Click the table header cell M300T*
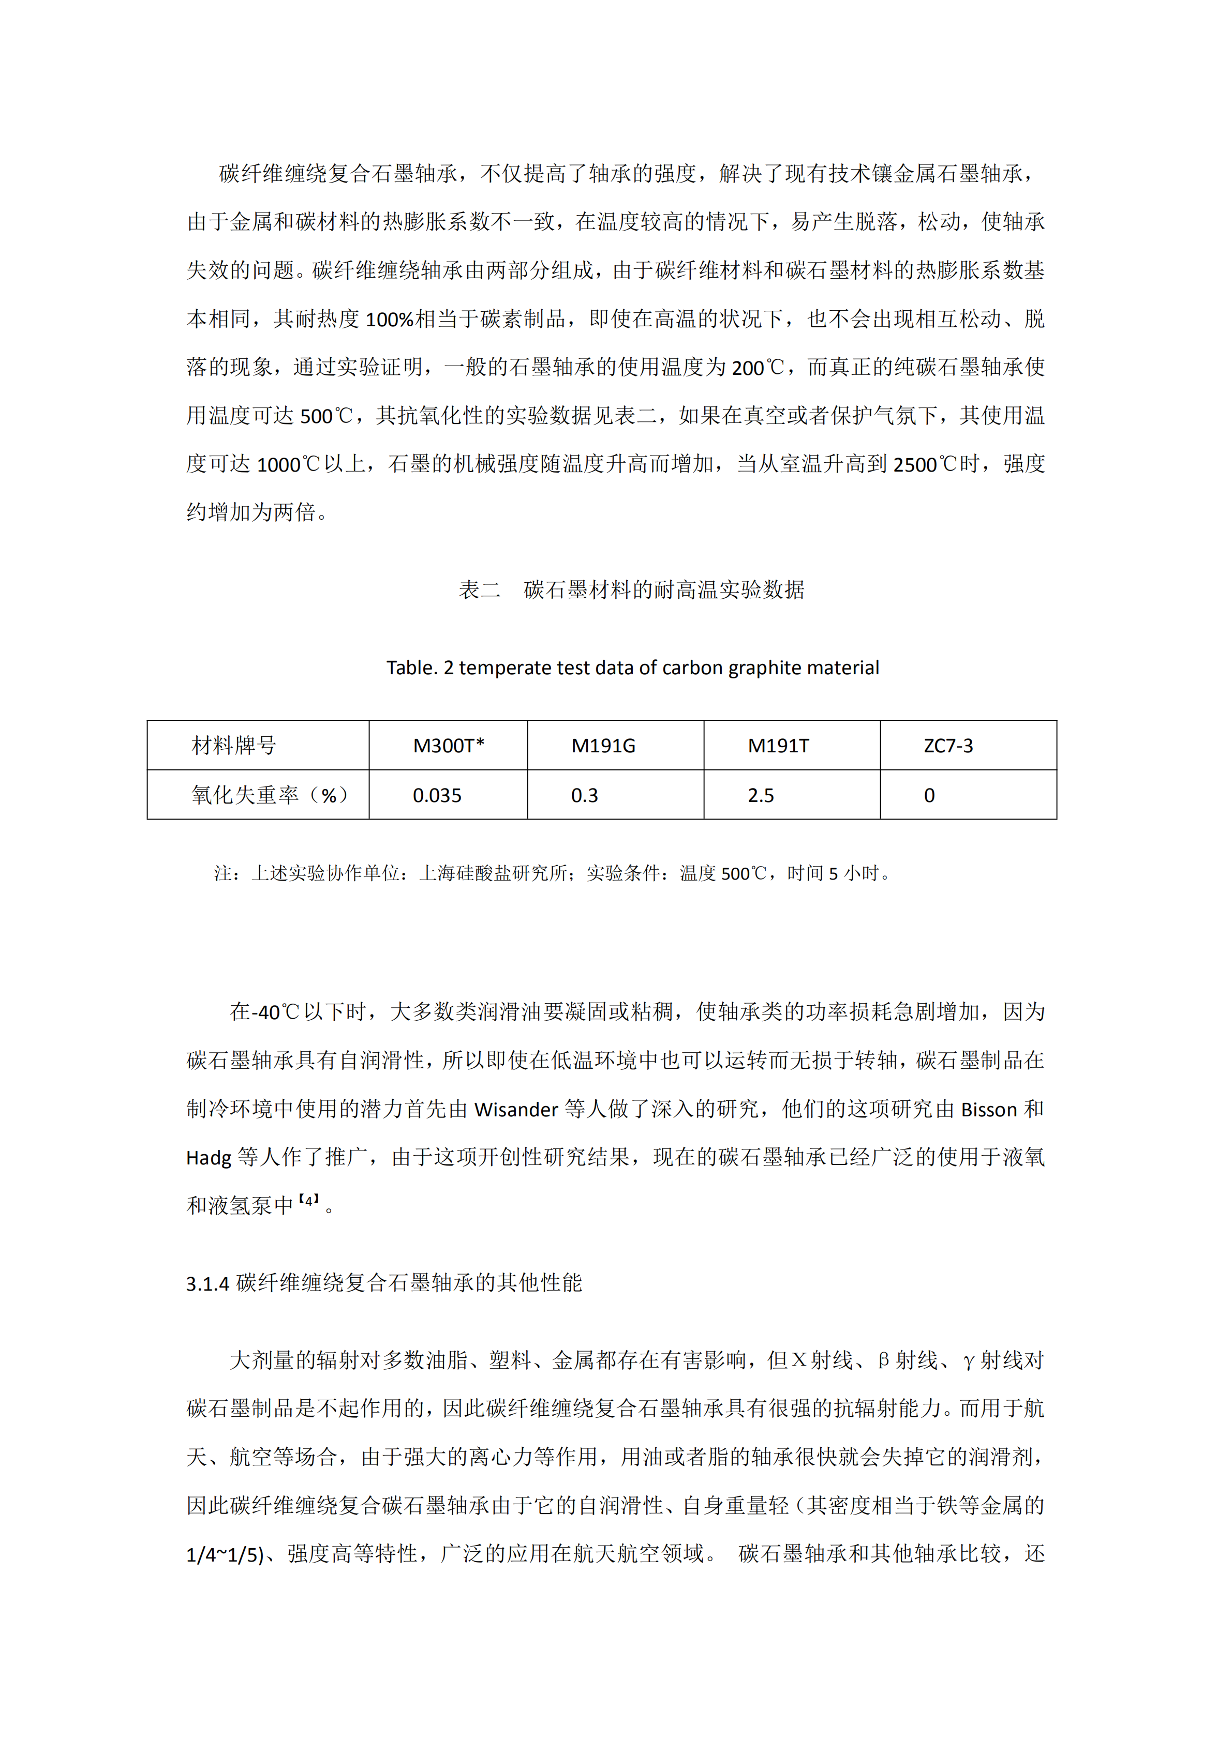(448, 746)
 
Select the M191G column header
(603, 746)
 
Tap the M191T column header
(778, 746)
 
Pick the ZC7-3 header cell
(948, 746)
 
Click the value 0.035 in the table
(437, 795)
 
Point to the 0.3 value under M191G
(584, 795)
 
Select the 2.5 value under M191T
(761, 795)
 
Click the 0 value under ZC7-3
(929, 795)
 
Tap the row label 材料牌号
(234, 746)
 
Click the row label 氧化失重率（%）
(269, 795)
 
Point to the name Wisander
(516, 1109)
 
